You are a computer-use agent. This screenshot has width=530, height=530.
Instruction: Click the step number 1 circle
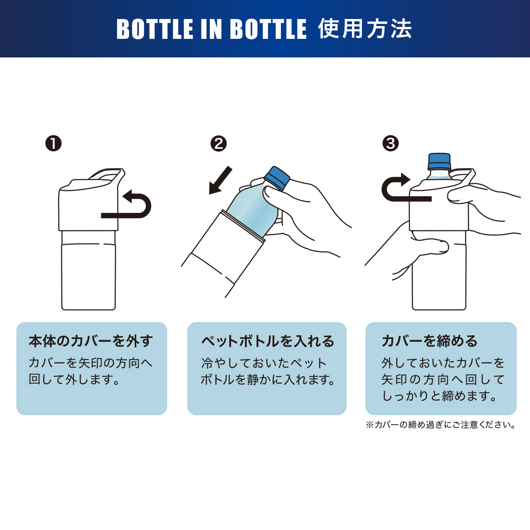click(x=53, y=143)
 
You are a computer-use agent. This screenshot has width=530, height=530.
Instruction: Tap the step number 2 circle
click(x=218, y=143)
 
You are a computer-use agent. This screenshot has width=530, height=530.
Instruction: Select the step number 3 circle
click(x=390, y=143)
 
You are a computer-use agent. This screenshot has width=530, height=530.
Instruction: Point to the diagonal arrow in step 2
click(x=220, y=180)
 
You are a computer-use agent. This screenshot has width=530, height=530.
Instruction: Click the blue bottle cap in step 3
click(x=439, y=162)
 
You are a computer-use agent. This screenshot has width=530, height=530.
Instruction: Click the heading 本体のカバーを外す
click(x=91, y=341)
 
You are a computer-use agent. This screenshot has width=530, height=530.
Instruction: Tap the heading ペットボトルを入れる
click(x=268, y=341)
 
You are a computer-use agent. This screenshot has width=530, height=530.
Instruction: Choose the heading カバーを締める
click(x=429, y=341)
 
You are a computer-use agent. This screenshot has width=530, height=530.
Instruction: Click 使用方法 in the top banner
click(x=365, y=29)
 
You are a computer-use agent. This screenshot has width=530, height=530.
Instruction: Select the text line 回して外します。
click(x=74, y=379)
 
